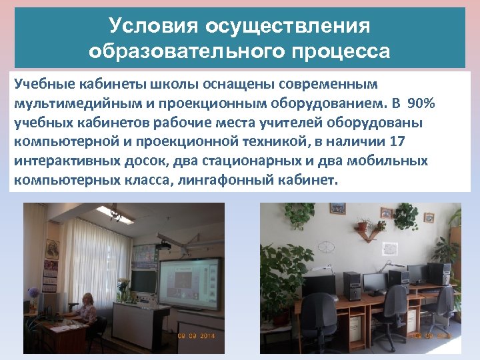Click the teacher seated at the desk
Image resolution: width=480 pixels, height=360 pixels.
(x=86, y=309)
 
